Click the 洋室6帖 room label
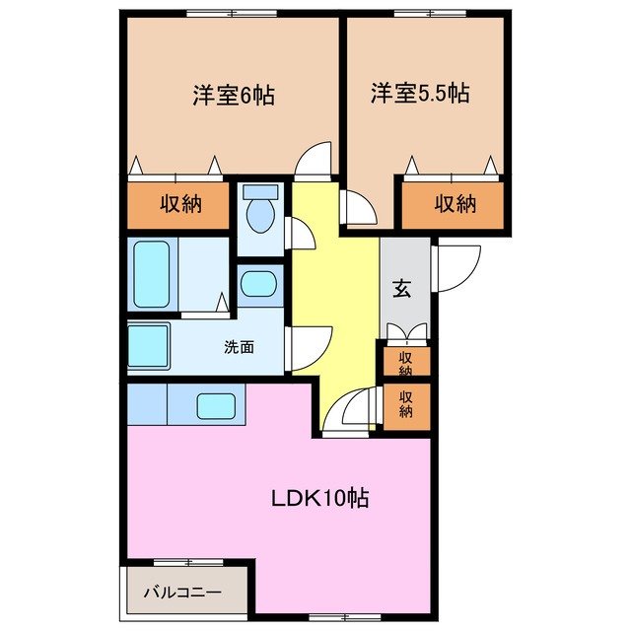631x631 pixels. (x=233, y=97)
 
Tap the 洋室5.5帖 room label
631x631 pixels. (x=419, y=95)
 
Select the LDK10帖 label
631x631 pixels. (x=320, y=498)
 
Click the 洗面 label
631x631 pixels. (x=239, y=347)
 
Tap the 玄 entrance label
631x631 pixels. (x=403, y=289)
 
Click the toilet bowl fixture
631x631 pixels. (x=260, y=213)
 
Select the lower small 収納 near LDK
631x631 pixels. (x=406, y=403)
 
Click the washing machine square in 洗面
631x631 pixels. (x=149, y=347)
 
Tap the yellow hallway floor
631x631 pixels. (x=335, y=296)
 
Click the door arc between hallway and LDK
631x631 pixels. (x=350, y=409)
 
